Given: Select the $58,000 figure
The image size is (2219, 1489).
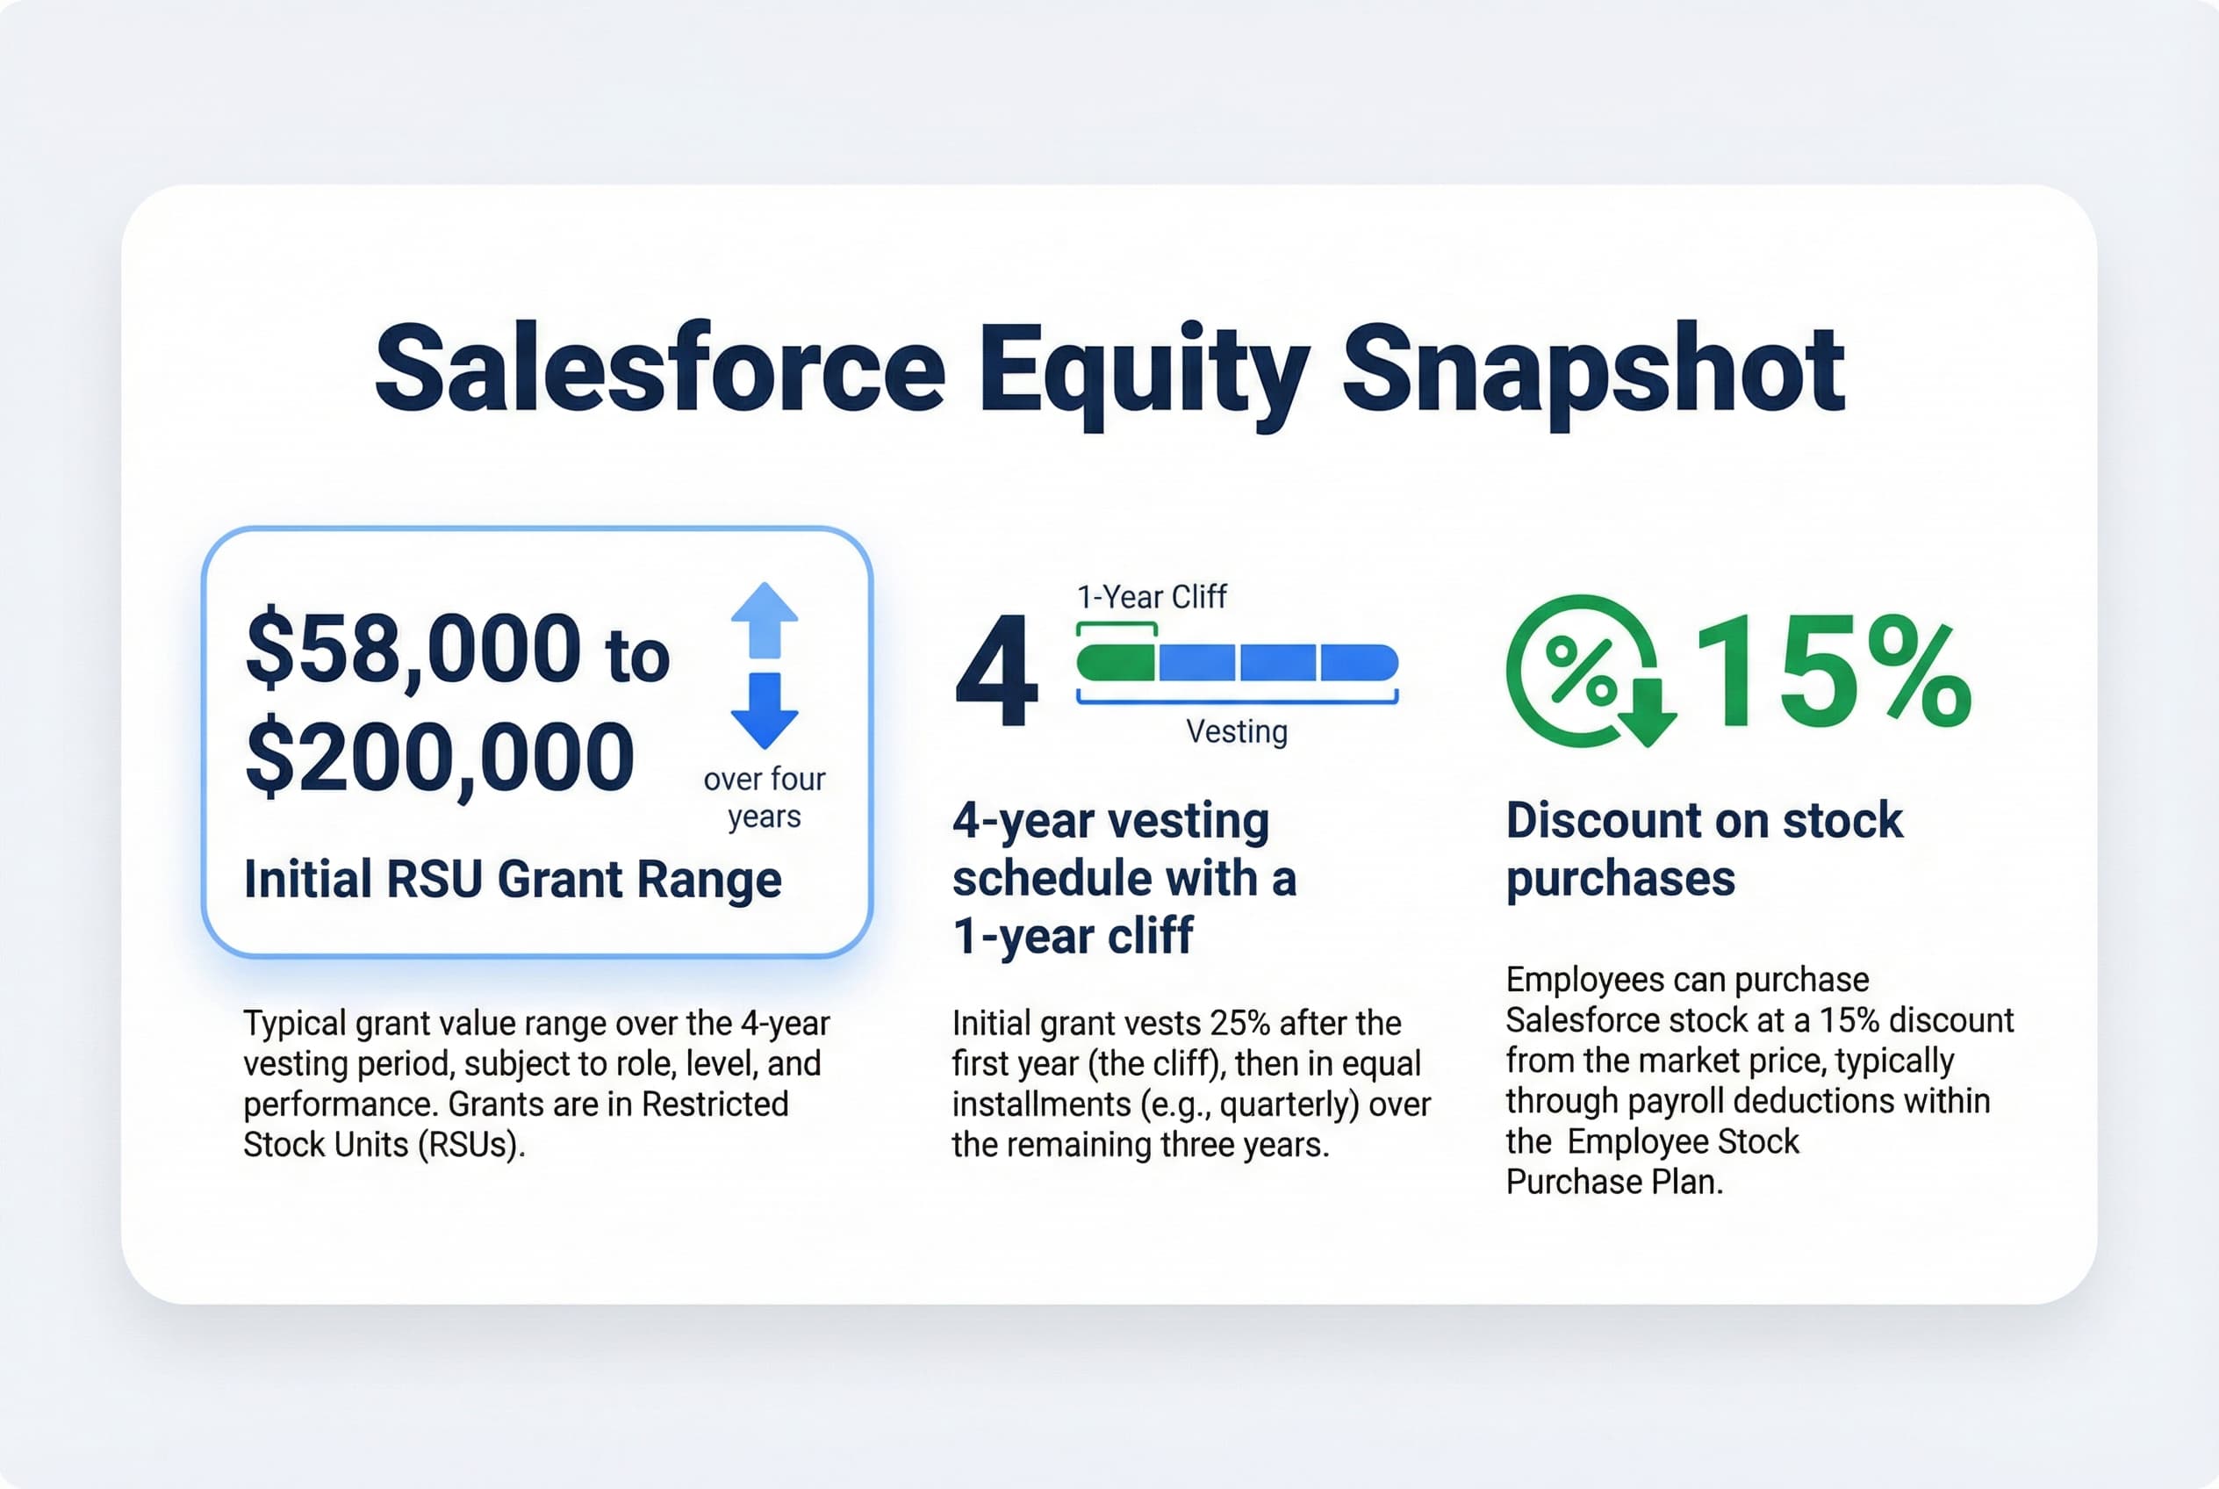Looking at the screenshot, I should point(413,650).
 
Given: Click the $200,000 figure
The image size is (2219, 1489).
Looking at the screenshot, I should point(440,758).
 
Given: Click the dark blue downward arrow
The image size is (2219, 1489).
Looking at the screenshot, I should point(764,710).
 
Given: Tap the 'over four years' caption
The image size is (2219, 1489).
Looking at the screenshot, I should point(765,798).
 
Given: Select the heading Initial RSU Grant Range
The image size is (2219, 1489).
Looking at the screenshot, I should point(513,879).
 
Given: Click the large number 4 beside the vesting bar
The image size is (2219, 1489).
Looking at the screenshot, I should point(996,673).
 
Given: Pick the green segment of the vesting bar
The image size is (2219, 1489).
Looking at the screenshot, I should point(1116,662).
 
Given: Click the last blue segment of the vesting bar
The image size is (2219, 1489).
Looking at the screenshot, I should point(1359,662).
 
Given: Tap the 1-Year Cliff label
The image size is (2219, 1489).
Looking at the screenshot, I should point(1152,597).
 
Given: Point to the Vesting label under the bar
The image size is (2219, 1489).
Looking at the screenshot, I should point(1236,732).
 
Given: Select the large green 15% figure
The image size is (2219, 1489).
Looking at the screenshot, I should point(1833,671).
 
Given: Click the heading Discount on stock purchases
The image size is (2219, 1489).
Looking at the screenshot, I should point(1705,849).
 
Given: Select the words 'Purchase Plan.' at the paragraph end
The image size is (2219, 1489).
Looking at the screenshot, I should point(1613,1183).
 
